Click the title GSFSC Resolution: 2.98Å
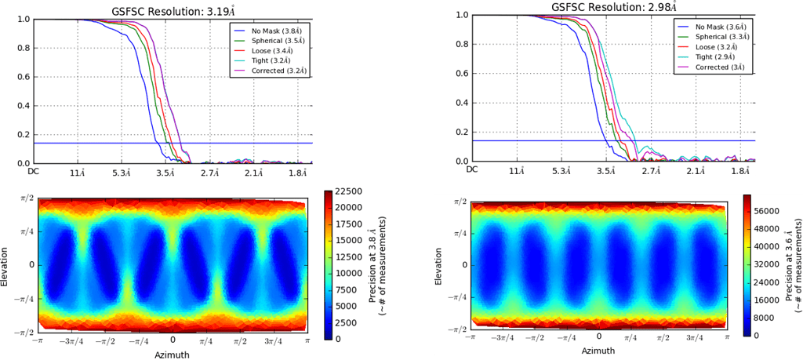click(614, 8)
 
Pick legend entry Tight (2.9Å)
click(712, 57)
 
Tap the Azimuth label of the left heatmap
click(173, 355)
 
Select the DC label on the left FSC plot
click(34, 170)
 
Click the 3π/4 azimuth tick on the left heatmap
click(274, 343)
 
